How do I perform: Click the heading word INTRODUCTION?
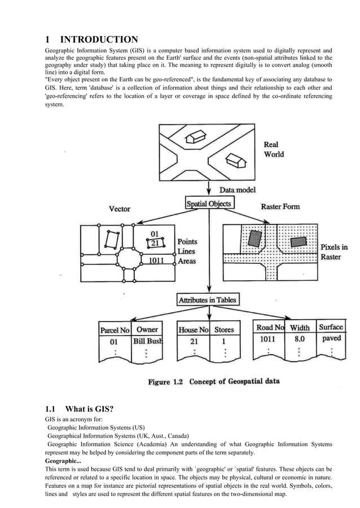(x=99, y=39)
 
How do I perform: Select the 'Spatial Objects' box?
(x=209, y=202)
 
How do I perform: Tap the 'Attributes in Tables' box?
(x=208, y=300)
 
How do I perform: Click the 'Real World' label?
(x=274, y=149)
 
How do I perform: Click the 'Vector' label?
(x=119, y=209)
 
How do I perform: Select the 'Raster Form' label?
(x=280, y=207)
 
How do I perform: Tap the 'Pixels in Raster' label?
(x=334, y=252)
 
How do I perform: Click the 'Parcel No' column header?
(x=115, y=330)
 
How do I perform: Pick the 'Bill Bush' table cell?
(x=147, y=341)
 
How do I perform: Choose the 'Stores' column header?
(x=224, y=330)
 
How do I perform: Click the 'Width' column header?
(x=300, y=328)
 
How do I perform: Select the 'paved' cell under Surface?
(x=331, y=339)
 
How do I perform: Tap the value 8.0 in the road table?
(x=299, y=339)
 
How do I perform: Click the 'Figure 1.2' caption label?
(x=166, y=382)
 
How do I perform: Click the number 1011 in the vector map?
(x=157, y=261)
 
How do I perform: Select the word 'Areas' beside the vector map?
(x=187, y=261)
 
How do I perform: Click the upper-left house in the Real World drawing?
(x=196, y=136)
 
